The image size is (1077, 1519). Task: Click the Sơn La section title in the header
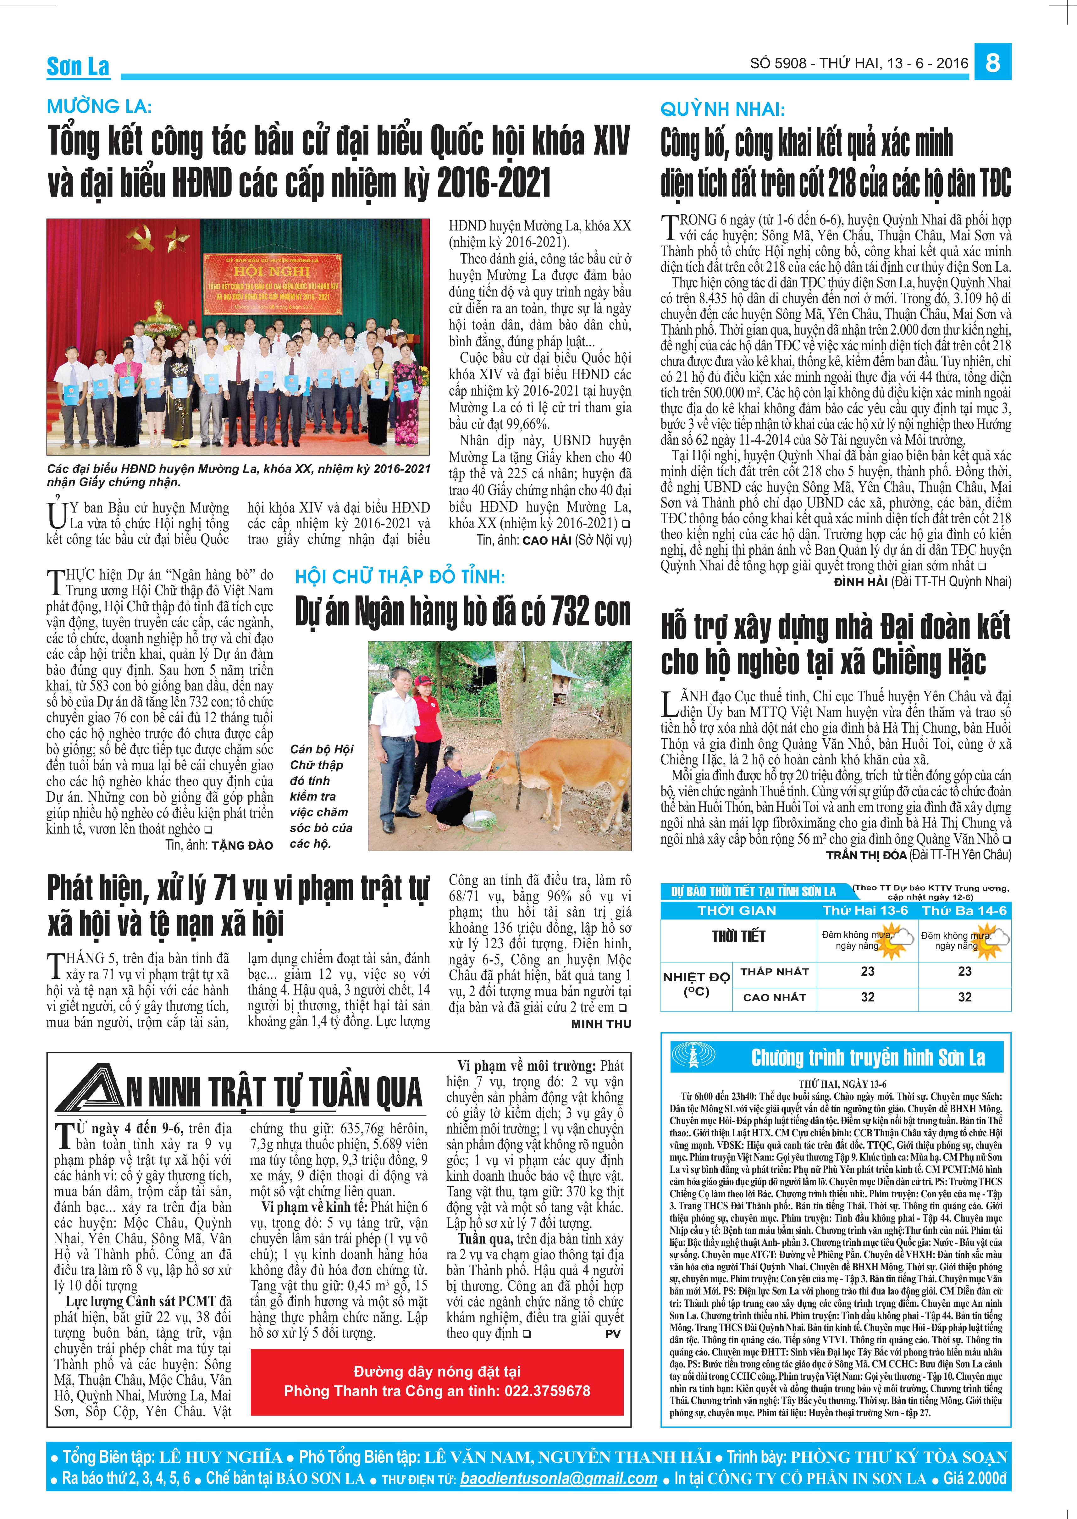coord(78,66)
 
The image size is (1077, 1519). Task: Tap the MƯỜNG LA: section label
coord(99,106)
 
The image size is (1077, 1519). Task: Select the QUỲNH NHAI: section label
coord(722,109)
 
